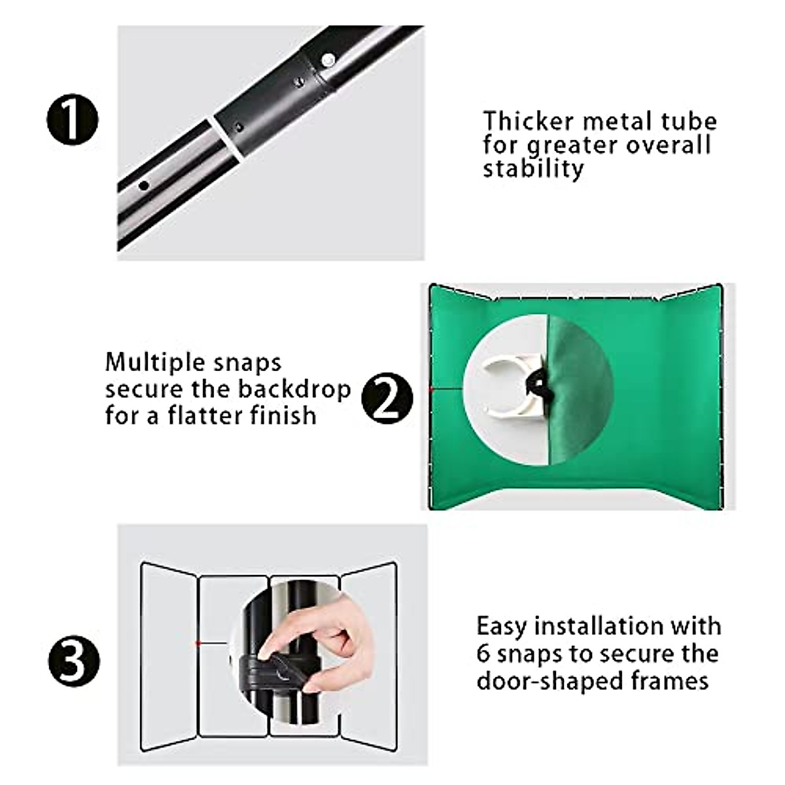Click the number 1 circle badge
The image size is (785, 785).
pyautogui.click(x=72, y=121)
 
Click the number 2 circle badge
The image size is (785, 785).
pyautogui.click(x=387, y=398)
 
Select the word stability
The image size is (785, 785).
pyautogui.click(x=533, y=169)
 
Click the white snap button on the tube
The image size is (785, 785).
pyautogui.click(x=328, y=61)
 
